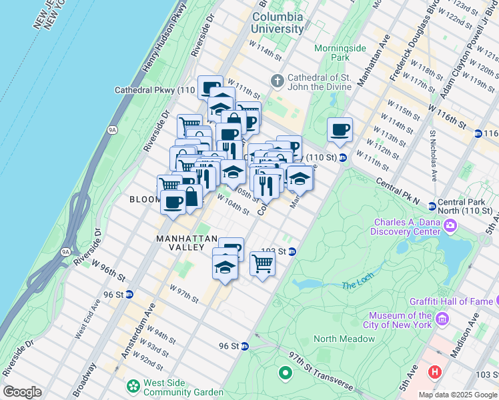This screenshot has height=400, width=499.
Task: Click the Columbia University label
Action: coord(277,23)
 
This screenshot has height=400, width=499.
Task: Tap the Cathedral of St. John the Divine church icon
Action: coord(278,81)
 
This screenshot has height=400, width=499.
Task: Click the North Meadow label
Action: coord(344,339)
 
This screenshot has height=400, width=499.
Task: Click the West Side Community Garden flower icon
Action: coord(134,385)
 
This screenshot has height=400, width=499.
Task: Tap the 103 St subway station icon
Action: coord(292,251)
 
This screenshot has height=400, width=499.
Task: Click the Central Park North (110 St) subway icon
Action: coord(432,206)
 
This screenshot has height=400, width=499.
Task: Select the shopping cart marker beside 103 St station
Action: coord(263,263)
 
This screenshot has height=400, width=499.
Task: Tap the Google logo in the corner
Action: coord(22,392)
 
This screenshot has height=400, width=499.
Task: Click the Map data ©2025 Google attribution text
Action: coord(457,395)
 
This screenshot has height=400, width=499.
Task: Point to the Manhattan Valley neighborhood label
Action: coord(187,243)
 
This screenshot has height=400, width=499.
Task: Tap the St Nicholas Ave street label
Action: coord(433,156)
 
